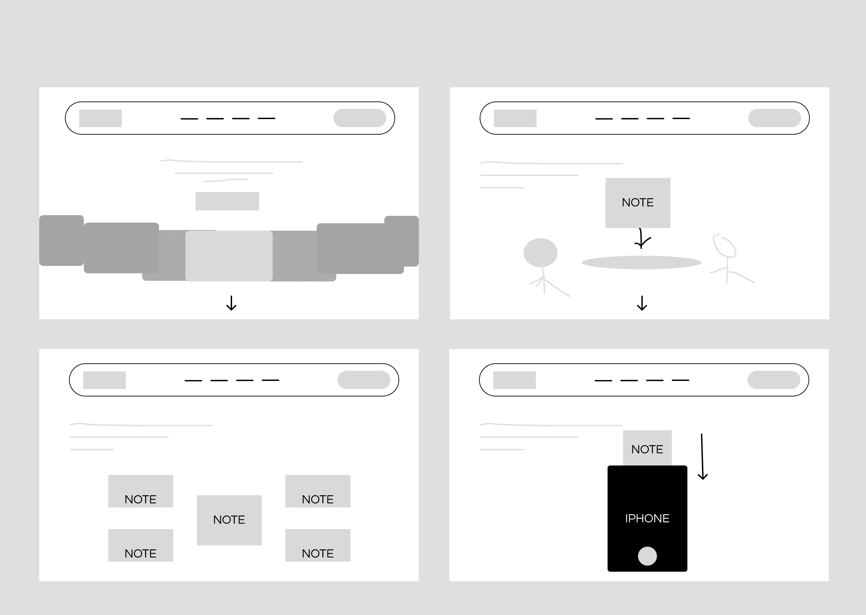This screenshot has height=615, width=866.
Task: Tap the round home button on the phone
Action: click(x=647, y=556)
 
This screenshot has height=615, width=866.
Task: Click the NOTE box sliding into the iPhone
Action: click(x=647, y=448)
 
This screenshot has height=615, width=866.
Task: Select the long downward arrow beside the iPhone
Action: click(x=702, y=457)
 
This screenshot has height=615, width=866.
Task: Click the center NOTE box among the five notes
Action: click(x=229, y=520)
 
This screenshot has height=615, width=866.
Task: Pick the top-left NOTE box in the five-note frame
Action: click(x=140, y=491)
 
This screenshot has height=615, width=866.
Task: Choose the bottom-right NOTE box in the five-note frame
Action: click(x=318, y=545)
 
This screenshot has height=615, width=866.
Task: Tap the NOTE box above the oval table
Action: click(x=638, y=203)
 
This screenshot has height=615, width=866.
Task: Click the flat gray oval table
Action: click(x=641, y=263)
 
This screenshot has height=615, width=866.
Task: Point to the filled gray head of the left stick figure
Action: click(x=540, y=253)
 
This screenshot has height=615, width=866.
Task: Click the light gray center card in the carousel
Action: click(x=229, y=256)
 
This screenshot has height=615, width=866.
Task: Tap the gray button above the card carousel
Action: click(x=227, y=201)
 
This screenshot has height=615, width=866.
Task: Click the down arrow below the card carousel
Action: click(x=231, y=303)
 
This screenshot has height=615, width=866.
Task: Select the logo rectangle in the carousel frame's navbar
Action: click(x=100, y=118)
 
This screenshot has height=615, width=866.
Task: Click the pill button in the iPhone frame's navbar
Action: click(x=774, y=380)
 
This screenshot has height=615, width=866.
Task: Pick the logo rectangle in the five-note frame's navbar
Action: click(x=105, y=380)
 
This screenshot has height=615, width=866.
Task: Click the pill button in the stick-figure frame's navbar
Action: click(x=774, y=118)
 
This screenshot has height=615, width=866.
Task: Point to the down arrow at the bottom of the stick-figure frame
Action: click(x=642, y=303)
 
